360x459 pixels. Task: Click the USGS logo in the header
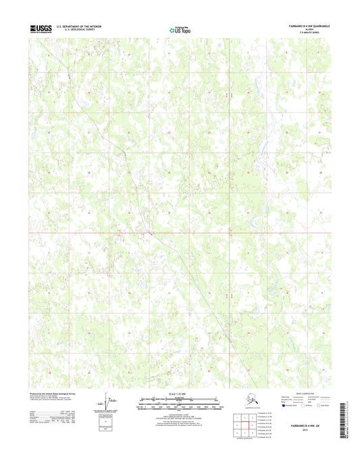41,28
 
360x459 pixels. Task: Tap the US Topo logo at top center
179,29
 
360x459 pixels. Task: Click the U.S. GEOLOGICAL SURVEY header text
80,30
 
